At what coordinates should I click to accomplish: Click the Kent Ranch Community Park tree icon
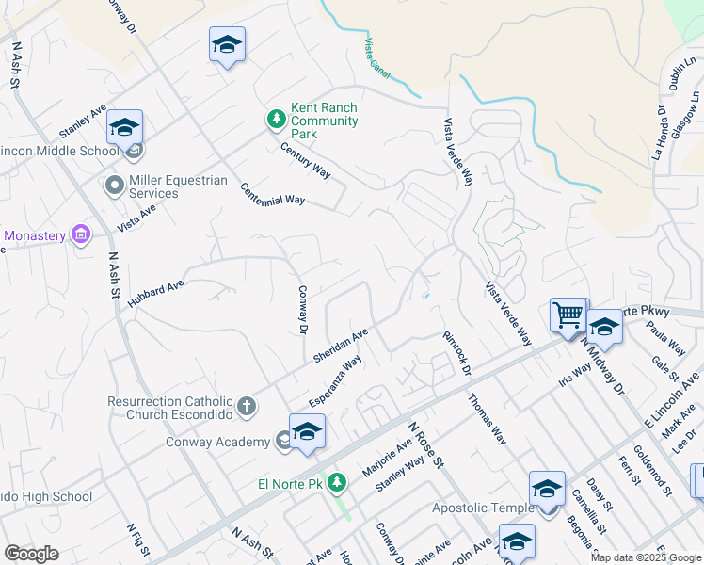tap(276, 119)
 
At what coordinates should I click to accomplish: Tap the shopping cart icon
tap(568, 315)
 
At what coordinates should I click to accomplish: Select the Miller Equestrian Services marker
tap(115, 185)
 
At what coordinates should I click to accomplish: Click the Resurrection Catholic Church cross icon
tap(246, 407)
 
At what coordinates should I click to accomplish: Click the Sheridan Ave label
tap(341, 346)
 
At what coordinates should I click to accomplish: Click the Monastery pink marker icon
tap(81, 234)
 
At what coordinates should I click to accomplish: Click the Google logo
tap(31, 554)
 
